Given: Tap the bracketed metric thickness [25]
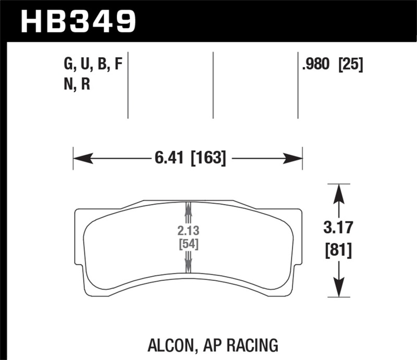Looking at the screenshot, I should pos(350,65).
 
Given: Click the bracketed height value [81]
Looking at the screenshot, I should pos(339,251).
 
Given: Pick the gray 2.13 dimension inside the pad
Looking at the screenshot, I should pos(188,231).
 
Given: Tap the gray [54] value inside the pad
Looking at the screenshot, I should pos(188,244).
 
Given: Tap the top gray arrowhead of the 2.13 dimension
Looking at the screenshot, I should pos(188,208).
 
